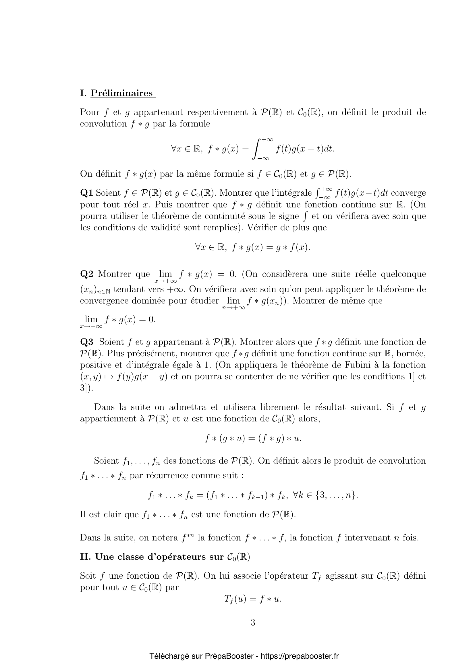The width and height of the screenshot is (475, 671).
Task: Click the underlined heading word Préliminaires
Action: tap(122, 93)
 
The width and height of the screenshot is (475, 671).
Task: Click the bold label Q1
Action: tap(86, 193)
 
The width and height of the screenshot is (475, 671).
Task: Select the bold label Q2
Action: tap(86, 274)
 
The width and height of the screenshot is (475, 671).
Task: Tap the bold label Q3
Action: tap(86, 342)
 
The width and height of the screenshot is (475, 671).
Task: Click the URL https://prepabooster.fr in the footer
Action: tap(299, 656)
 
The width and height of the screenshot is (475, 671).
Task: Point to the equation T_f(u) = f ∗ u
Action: tap(253, 599)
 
